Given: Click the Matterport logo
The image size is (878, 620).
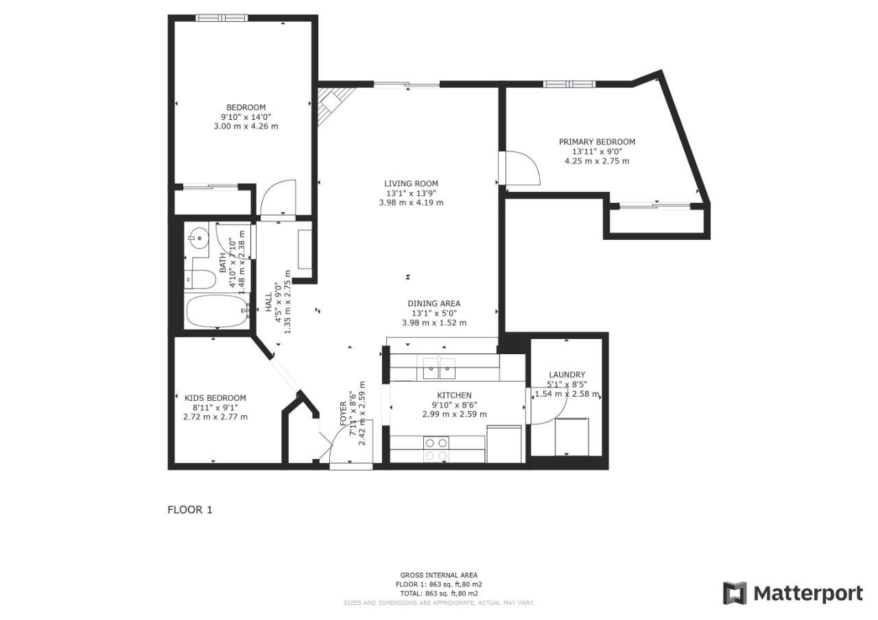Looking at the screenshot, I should tap(793, 593).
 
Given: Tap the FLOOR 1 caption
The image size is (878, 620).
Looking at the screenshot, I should tap(190, 510).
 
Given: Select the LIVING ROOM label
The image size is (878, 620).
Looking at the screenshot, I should tap(411, 184).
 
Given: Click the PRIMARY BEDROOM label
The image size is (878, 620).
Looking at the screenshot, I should tap(597, 142).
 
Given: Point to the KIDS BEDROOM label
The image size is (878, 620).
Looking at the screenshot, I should tap(215, 398).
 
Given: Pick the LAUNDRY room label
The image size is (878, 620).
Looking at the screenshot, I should tap(567, 375).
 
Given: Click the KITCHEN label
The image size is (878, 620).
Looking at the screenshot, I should tap(454, 395).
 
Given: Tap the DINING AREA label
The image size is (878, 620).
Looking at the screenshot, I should tap(434, 303).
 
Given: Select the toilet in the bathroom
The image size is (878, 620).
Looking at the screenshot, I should tap(200, 279).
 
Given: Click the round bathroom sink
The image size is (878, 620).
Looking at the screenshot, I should tap(198, 240).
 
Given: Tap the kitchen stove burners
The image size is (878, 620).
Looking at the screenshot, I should tap(436, 449).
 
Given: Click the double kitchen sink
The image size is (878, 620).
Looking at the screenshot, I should tap(438, 369).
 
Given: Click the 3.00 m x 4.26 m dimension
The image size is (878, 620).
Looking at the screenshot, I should tap(246, 126).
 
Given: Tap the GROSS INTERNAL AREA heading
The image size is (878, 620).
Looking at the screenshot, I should tap(439, 575).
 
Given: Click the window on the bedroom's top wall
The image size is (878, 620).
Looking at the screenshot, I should tap(221, 18).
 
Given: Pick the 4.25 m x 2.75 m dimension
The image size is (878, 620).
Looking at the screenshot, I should tap(597, 161).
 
